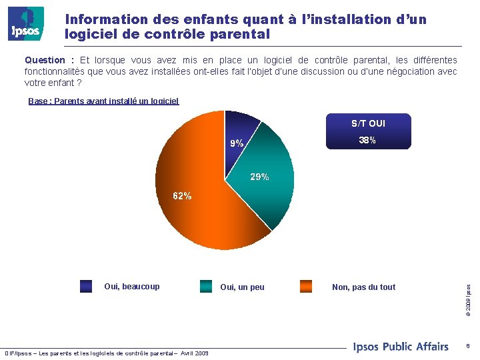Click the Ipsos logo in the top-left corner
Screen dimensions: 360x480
pos(25,24)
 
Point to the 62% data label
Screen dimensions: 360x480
pos(182,196)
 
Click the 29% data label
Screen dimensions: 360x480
pos(259,177)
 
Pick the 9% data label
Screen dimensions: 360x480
pos(237,143)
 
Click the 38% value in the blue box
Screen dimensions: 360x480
pos(367,141)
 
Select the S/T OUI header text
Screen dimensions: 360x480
pos(368,123)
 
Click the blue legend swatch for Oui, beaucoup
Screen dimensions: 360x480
pos(86,287)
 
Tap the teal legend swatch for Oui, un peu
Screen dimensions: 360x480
pos(206,287)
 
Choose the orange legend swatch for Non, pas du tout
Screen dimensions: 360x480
pos(306,287)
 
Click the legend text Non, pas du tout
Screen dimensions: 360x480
pos(363,287)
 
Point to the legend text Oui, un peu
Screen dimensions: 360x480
pos(242,287)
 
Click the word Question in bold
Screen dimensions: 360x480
pos(46,60)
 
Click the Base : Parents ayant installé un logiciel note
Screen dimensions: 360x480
pos(103,101)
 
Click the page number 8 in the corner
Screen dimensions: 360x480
pos(468,346)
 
